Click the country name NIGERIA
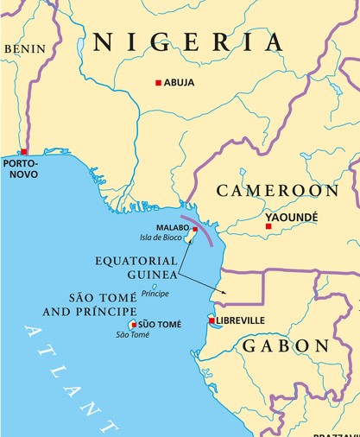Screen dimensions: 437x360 pos(187,41)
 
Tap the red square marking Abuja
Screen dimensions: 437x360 pos(158,83)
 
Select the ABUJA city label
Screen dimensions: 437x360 pos(179,83)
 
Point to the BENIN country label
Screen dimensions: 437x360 pos(24,49)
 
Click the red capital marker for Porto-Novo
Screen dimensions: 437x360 pos(23,152)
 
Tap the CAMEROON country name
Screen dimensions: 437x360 pos(276,190)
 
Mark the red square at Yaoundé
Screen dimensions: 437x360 pos(268,226)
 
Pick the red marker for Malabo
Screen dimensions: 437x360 pos(195,230)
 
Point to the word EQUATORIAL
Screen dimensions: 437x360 pos(136,260)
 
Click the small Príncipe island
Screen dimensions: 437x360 pos(155,286)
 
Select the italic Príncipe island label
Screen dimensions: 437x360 pos(155,294)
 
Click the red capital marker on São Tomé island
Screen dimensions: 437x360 pos(133,326)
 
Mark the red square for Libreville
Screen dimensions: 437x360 pos(212,320)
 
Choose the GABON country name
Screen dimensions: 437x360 pos(285,346)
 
